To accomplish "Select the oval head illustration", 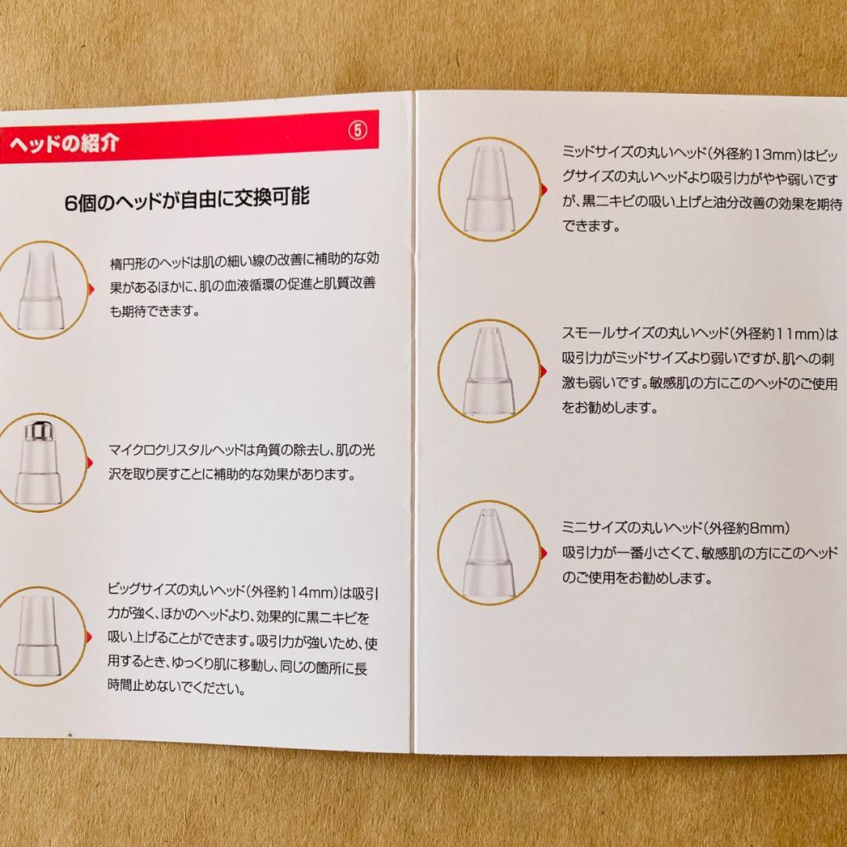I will pos(40,290).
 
